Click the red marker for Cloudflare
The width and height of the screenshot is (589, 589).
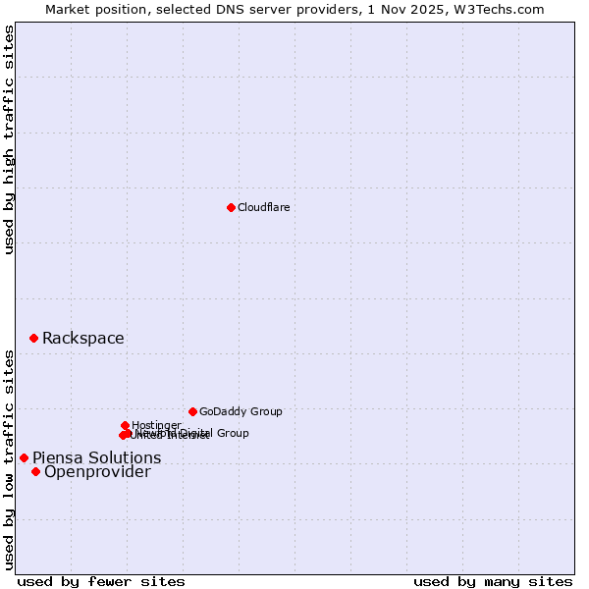231,207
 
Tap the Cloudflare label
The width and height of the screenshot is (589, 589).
264,207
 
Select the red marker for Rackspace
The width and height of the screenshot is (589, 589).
33,338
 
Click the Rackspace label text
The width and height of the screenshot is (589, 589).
83,339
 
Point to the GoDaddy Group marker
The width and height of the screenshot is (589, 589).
192,411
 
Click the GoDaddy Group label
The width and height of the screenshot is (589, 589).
241,411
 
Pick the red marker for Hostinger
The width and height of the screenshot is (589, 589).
125,425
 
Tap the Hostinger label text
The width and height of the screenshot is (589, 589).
156,425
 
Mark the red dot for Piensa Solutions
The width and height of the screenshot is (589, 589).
24,457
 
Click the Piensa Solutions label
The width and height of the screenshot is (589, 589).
97,457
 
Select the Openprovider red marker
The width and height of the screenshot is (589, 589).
35,471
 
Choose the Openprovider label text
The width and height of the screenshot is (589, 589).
98,472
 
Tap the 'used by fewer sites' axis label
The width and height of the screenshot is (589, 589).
101,581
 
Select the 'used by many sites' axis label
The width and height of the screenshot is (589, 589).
493,581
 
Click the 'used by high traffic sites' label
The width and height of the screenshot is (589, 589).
9,139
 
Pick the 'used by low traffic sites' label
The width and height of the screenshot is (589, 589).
9,458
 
